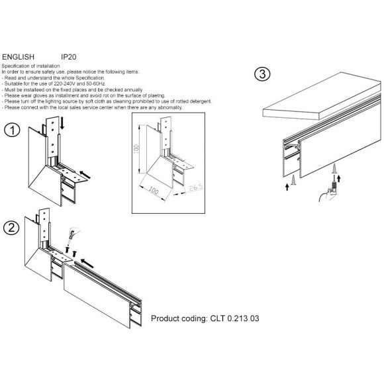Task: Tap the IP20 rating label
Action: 69,58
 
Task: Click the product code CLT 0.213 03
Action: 205,318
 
